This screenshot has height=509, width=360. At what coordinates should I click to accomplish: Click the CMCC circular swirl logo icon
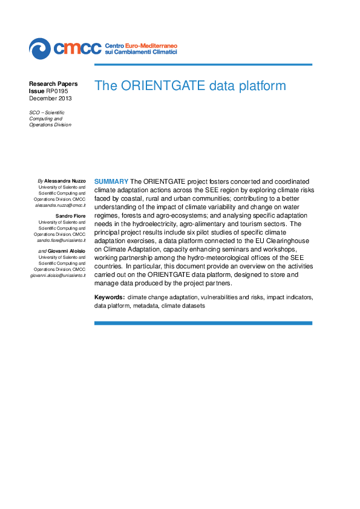click(39, 47)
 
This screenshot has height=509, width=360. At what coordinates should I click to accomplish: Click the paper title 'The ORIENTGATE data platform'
click(190, 86)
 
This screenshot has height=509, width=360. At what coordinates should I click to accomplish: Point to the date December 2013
click(50, 98)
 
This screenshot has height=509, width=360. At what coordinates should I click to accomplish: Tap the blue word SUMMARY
click(111, 181)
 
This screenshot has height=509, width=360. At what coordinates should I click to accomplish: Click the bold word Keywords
click(110, 297)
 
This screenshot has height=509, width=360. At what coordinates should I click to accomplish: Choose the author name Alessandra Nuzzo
click(65, 181)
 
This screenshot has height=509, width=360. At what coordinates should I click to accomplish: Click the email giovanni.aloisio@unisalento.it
click(58, 275)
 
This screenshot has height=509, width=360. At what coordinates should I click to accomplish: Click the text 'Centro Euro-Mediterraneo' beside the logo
click(141, 45)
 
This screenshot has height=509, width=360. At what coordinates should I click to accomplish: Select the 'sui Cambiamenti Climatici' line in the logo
click(141, 53)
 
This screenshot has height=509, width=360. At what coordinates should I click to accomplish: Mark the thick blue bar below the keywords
click(203, 323)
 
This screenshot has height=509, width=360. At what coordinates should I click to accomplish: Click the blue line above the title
click(203, 65)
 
